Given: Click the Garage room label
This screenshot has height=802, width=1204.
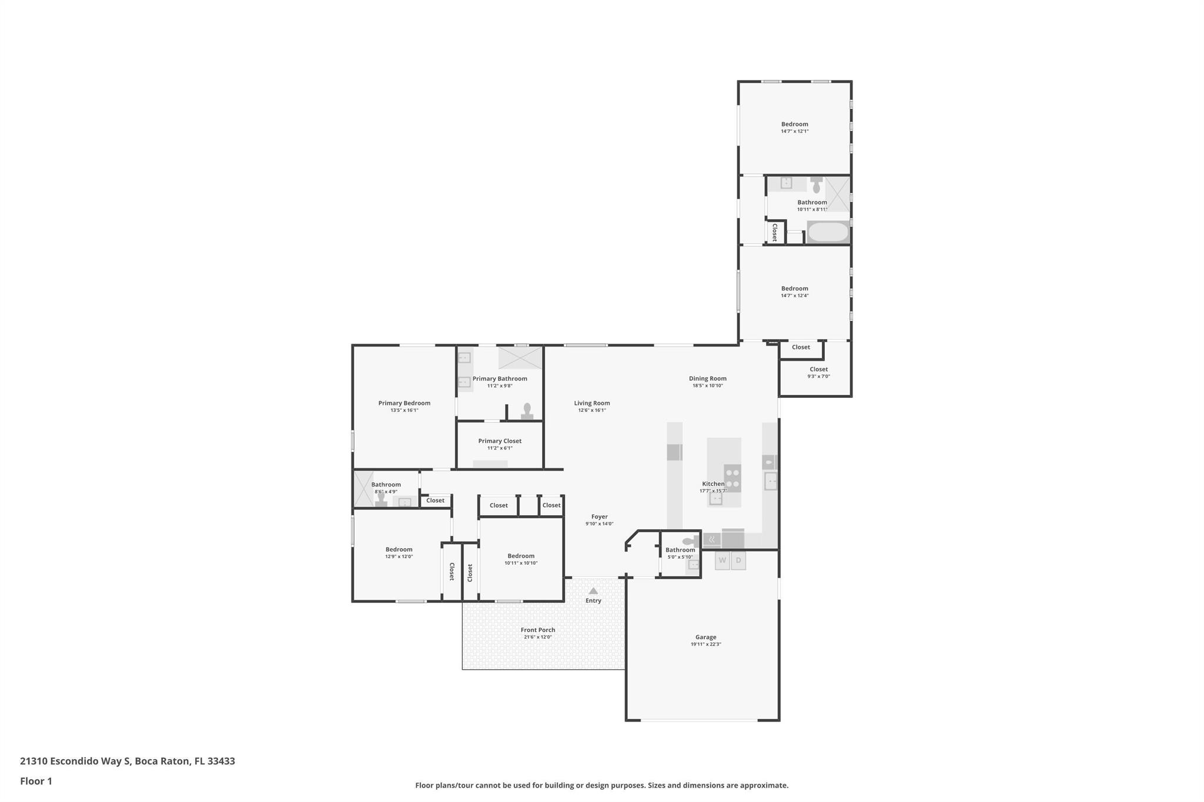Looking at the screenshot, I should (705, 637).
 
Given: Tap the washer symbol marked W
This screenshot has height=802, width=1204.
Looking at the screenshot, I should (722, 561).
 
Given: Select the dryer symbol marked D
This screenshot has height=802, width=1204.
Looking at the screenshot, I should (738, 561).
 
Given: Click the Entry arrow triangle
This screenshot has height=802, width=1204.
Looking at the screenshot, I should (593, 591).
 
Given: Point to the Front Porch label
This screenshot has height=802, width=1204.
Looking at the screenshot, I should (537, 630).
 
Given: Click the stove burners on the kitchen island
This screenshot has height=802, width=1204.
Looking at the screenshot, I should (732, 478).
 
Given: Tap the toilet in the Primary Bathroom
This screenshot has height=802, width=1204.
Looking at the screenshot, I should (527, 410).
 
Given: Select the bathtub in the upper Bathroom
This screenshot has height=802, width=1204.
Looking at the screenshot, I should (828, 232).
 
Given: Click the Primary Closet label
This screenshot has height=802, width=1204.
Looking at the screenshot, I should (500, 441).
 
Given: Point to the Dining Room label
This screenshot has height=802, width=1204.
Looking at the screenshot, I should (707, 378).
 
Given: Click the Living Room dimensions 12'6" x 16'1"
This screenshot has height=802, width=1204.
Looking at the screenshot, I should (592, 410).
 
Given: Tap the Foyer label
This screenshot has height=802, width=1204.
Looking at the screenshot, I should (599, 516).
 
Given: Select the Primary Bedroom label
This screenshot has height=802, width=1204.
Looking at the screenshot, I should (404, 403).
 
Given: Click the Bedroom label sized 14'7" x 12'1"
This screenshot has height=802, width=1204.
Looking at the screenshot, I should (794, 124).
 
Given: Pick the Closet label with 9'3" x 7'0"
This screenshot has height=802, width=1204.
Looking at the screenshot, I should (818, 370).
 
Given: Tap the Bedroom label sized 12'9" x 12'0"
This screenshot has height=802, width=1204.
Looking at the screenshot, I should (399, 549).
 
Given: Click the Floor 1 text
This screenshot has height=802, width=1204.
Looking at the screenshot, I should (36, 781).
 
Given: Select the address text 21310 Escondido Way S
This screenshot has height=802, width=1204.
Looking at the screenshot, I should (75, 761).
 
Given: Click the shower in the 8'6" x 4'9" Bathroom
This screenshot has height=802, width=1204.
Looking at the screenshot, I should (363, 489).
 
